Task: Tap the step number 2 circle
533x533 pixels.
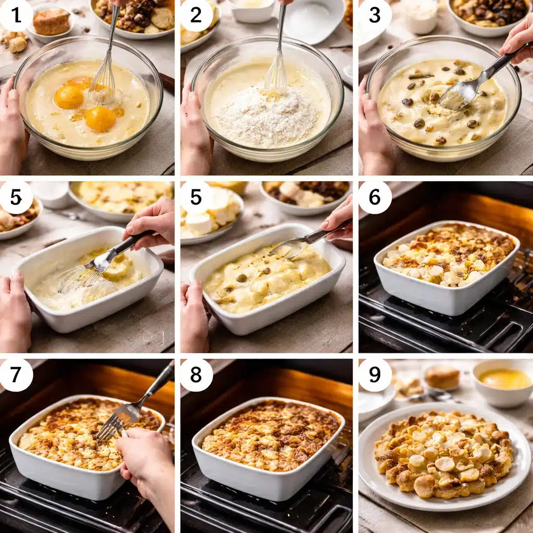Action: pos(196,16)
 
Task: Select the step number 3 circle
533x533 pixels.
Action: pos(375,16)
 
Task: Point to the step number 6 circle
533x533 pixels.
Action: pos(375,197)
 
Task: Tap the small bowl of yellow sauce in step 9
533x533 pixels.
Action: pos(503,383)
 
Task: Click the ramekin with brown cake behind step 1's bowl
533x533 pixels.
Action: pos(51,22)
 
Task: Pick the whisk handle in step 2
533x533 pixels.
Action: pos(281,31)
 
